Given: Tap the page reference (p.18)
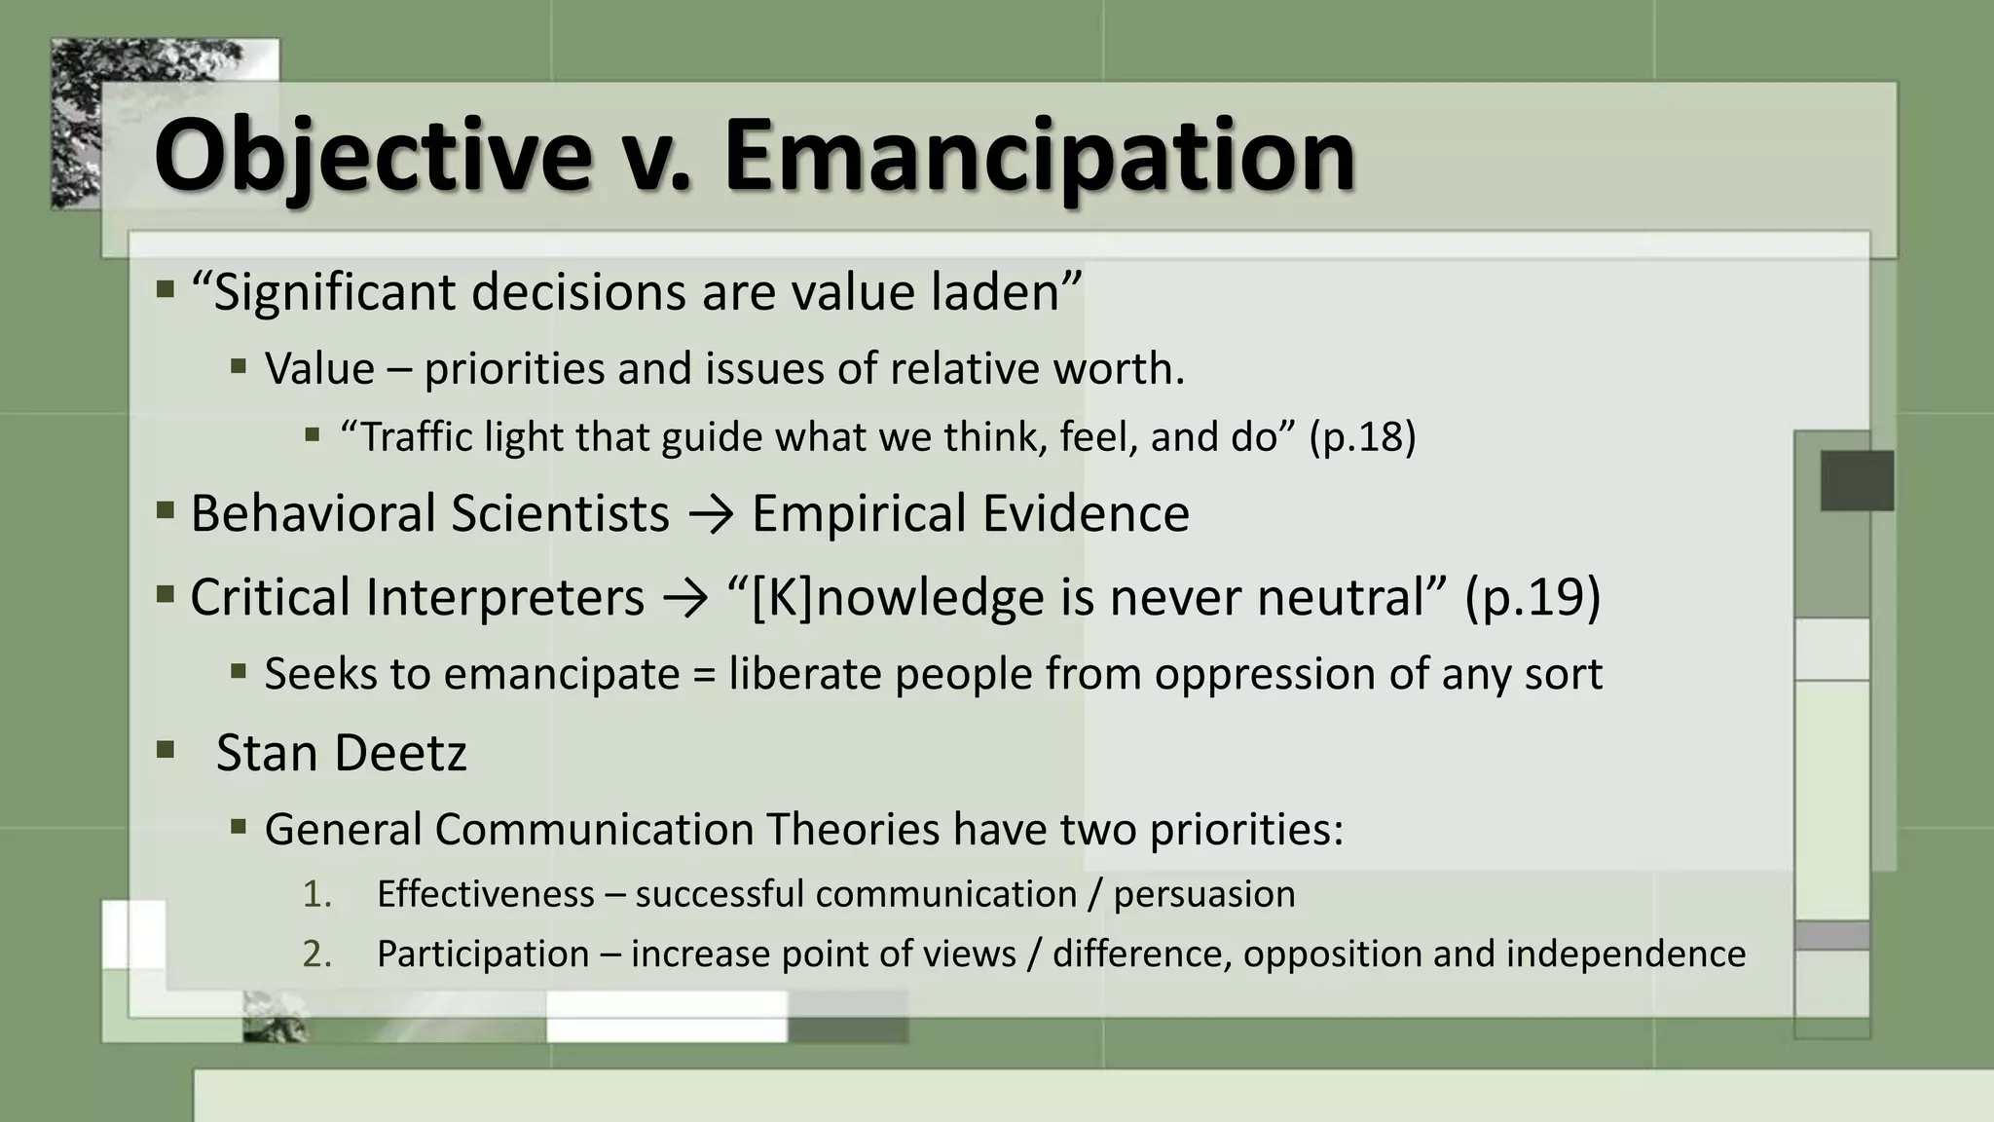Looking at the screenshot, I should pos(1362,437).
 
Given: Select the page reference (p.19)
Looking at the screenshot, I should pos(1532,597).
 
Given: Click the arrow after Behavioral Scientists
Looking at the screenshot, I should pos(711,515).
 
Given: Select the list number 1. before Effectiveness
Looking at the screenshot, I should pos(317,894).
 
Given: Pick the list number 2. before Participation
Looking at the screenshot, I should pos(317,954).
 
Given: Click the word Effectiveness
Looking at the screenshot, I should pos(485,894).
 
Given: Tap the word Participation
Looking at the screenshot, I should pos(483,954).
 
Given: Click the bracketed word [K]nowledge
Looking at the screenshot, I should pos(897,597).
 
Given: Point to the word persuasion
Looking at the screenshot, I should pos(1204,894).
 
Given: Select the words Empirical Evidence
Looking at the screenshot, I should pos(970,513).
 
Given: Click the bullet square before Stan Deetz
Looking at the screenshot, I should pos(165,750).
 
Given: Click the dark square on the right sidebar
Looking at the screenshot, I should pos(1857,480).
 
